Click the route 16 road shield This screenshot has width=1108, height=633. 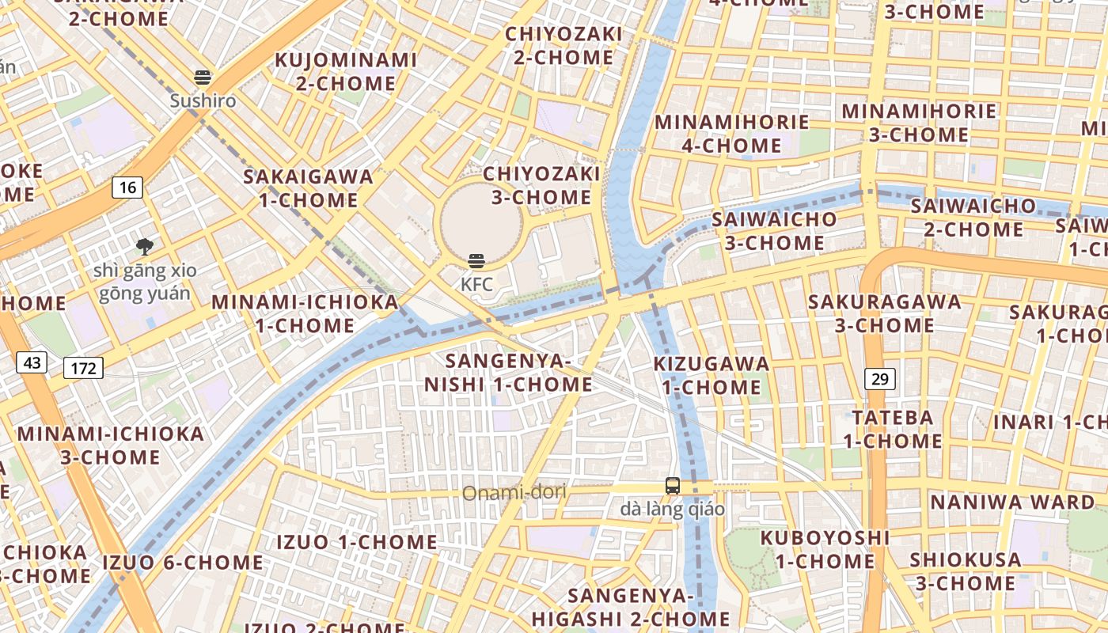coord(127,188)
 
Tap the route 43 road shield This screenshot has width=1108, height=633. coord(32,363)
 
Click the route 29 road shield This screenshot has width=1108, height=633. coord(879,379)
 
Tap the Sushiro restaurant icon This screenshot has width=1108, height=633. coord(203,78)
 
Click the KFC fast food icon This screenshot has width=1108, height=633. coord(476,261)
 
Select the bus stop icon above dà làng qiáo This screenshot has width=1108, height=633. coord(672,486)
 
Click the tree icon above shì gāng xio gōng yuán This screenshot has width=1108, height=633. coord(144,246)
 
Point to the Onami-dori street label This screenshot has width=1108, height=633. coord(514,494)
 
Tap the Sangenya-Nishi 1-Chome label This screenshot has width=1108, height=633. coord(508,373)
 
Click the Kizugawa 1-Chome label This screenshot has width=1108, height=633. coord(711,375)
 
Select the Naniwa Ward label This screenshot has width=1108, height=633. coord(1012,502)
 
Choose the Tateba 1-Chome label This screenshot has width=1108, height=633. coord(892,429)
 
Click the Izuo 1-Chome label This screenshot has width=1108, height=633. coord(356,542)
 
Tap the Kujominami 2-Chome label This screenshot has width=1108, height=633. coord(346,71)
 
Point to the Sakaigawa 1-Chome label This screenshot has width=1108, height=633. coord(309,188)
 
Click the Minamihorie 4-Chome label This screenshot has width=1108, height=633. coord(732,134)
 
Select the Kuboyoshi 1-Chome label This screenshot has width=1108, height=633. coord(825,549)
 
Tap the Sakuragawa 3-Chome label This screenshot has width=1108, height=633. coord(884,313)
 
